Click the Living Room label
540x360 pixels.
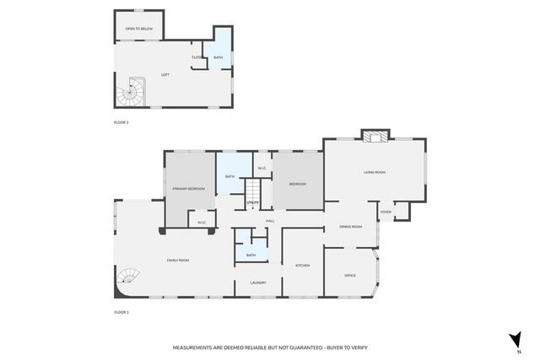(x=375, y=172)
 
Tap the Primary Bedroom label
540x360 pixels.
(x=189, y=189)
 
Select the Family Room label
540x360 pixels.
(x=177, y=261)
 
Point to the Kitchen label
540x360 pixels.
(x=302, y=266)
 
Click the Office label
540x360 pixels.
(x=350, y=276)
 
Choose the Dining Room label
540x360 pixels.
(x=350, y=227)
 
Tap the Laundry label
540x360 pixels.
(x=258, y=282)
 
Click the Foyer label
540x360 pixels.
(x=386, y=212)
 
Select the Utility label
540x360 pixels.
(x=252, y=203)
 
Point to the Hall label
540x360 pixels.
(x=270, y=221)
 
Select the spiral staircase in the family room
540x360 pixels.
(x=130, y=277)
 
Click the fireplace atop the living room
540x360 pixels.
(x=375, y=135)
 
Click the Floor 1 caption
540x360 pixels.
(x=121, y=312)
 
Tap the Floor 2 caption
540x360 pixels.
(x=121, y=122)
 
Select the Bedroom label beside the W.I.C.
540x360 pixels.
(x=297, y=184)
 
